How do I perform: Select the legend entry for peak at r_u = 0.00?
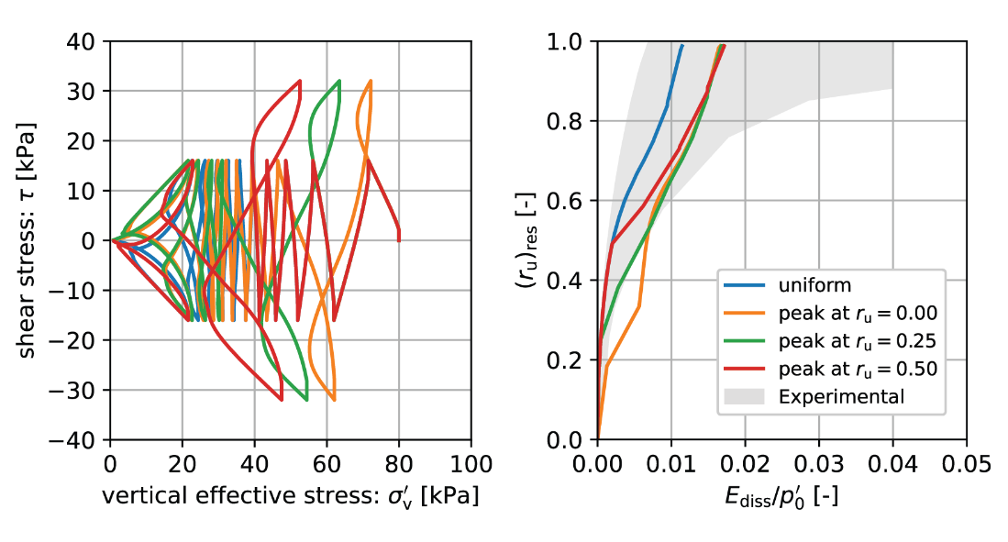click(x=857, y=314)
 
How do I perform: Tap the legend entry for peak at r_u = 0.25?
click(x=857, y=341)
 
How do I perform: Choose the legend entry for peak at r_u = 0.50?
click(x=857, y=370)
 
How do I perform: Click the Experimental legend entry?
click(x=841, y=397)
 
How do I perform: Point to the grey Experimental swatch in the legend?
click(x=746, y=397)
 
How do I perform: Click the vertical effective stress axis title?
click(x=290, y=496)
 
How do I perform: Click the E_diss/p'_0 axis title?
click(x=781, y=496)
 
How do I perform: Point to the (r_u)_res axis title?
click(x=529, y=240)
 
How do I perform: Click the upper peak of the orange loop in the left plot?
click(x=370, y=81)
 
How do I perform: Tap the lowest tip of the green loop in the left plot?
click(x=305, y=400)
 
